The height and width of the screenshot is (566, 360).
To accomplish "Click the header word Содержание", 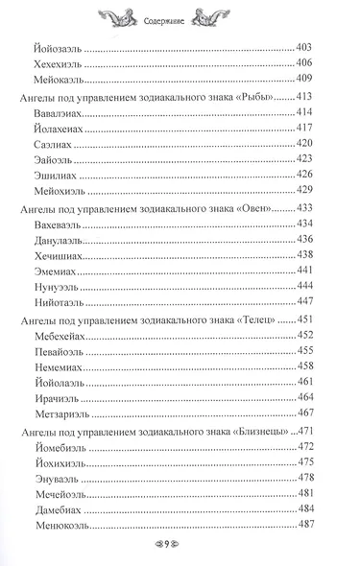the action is [179, 15].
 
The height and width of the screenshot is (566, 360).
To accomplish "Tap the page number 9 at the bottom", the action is [180, 547].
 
